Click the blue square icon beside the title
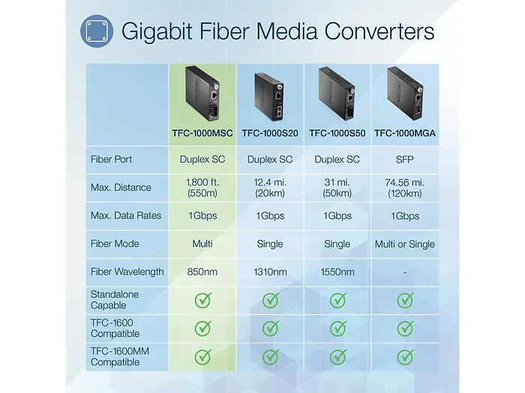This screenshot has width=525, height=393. pos(97,31)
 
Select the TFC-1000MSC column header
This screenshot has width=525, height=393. pos(202,133)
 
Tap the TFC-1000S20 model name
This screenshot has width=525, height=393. pos(270,133)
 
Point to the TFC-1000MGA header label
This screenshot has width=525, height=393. pos(405,133)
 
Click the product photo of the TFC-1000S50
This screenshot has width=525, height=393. pos(337,94)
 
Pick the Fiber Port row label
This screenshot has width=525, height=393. pos(112,159)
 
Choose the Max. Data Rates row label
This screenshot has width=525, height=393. pos(126,216)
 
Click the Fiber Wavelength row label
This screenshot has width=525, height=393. pos(127,272)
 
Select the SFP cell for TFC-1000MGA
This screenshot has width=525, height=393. pos(405,159)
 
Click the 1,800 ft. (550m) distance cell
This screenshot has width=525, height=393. pos(202,187)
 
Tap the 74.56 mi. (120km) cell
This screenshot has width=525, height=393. pos(405,187)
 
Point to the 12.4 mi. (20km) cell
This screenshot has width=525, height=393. pos(270,187)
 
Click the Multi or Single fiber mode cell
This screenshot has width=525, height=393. pos(405,244)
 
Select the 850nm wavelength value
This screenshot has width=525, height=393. pos(202,272)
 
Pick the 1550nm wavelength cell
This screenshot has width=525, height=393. pos(337,272)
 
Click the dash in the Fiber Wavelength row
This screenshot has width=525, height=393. pos(405,272)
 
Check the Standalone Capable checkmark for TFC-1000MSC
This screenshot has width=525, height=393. pos(203,300)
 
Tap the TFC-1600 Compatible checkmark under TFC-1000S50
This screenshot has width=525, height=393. pos(337,329)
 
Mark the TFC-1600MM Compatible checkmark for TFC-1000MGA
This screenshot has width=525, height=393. pos(405,357)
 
